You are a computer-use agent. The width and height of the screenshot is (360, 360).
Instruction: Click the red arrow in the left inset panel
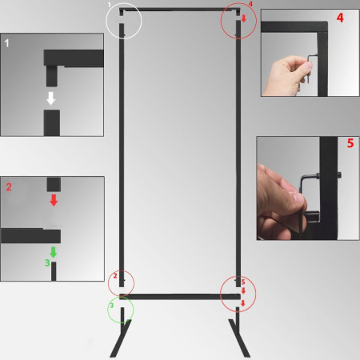point(53,200)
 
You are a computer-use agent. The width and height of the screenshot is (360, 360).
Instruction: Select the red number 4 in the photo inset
point(340,17)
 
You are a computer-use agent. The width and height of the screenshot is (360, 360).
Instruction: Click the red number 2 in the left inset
point(8,186)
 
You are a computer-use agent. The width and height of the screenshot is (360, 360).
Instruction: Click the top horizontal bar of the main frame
point(180,10)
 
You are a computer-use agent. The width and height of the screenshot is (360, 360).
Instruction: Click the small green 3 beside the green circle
point(111,305)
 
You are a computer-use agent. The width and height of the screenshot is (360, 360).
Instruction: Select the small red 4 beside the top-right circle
point(250,5)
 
